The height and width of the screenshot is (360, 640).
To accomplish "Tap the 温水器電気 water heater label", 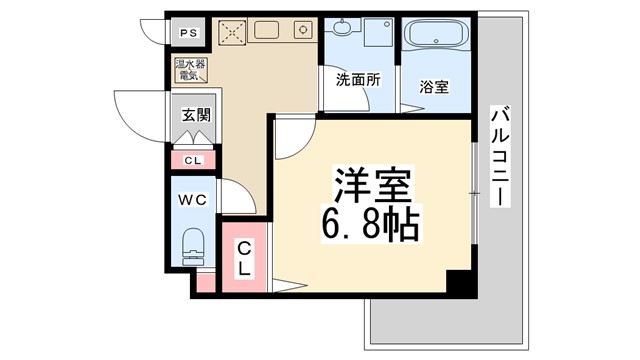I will tap(188, 70).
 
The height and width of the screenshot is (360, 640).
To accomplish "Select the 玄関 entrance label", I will tap(196, 116).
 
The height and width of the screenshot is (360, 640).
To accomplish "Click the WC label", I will tap(192, 200).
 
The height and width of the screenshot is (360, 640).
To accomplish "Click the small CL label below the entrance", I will tap(192, 159).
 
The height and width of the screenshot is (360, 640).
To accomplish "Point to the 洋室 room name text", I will tap(371, 184).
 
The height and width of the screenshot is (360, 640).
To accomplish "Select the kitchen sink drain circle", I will tap(300, 30).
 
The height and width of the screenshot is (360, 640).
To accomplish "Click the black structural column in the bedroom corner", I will tap(458, 281).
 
